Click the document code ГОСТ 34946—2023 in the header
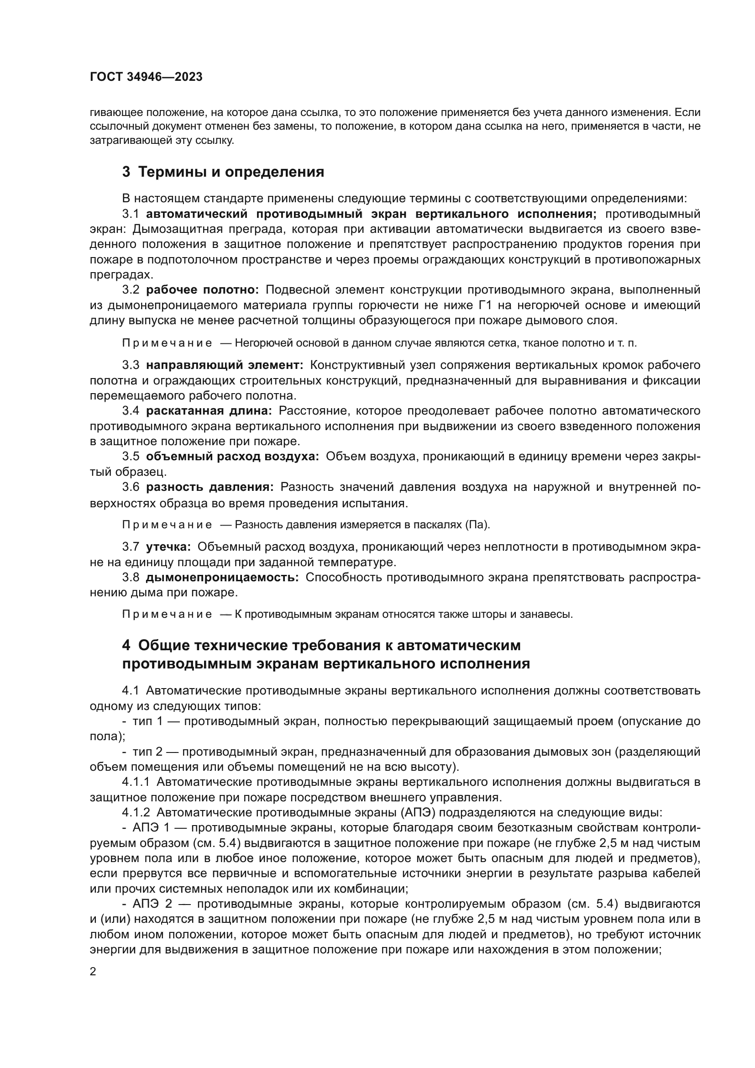pyautogui.click(x=146, y=77)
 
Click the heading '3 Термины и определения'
pyautogui.click(x=223, y=172)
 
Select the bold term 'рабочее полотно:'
pyautogui.click(x=202, y=290)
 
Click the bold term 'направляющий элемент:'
pyautogui.click(x=225, y=366)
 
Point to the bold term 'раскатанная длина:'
pyautogui.click(x=209, y=411)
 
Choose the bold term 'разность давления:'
pyautogui.click(x=210, y=487)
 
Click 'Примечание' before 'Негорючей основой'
pyautogui.click(x=167, y=343)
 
